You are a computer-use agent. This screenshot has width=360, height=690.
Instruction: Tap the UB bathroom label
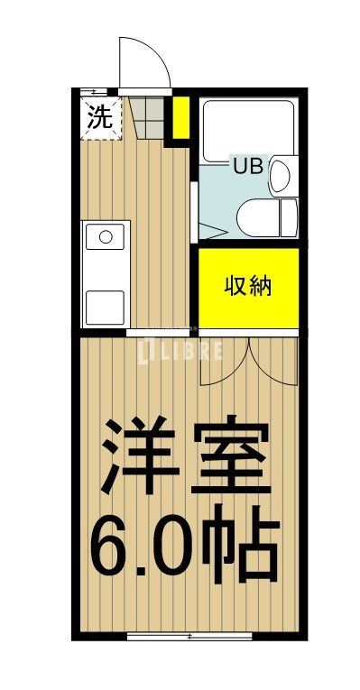click(248, 166)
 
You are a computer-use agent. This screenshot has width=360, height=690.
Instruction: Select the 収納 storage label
click(247, 288)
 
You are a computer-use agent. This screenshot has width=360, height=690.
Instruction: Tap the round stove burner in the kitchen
click(106, 237)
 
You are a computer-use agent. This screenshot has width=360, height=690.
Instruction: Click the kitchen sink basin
click(106, 308)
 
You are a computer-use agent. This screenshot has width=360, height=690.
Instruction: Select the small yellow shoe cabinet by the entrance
click(180, 117)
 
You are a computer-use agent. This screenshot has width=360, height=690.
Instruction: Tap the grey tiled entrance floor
click(148, 115)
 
